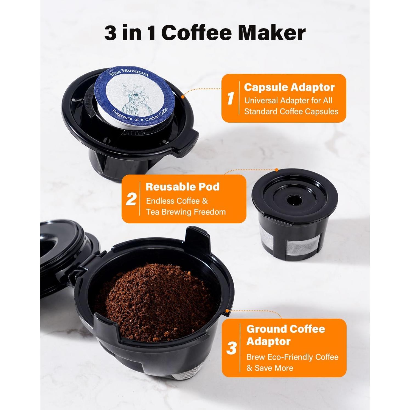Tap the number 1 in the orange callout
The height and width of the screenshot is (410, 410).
[x=231, y=98]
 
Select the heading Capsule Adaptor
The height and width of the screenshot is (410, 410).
[x=289, y=87]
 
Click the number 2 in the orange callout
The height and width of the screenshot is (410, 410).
[x=131, y=199]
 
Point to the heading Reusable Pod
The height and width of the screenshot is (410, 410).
[x=182, y=187]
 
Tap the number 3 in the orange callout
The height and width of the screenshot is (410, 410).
[x=231, y=349]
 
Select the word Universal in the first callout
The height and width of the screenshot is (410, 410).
[x=261, y=100]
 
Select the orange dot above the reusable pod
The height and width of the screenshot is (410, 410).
[x=277, y=170]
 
